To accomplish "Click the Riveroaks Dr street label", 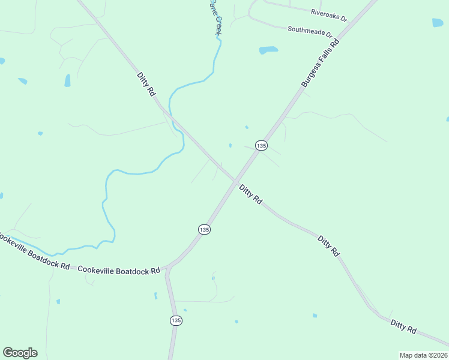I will [x=329, y=15].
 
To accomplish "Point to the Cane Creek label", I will [x=215, y=17].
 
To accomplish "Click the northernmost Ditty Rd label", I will [x=146, y=85].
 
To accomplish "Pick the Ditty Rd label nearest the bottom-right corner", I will [x=403, y=326].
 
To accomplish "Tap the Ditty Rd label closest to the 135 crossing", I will [x=250, y=194].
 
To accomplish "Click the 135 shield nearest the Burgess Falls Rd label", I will [x=261, y=146].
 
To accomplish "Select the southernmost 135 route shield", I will [x=175, y=321].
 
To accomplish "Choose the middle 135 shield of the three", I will [x=204, y=230].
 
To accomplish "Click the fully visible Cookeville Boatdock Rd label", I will [x=118, y=270].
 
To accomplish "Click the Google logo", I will [x=20, y=353].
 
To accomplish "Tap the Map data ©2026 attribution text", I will [x=423, y=355].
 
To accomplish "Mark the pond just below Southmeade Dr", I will [x=268, y=50].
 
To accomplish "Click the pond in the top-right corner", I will [x=438, y=23].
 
